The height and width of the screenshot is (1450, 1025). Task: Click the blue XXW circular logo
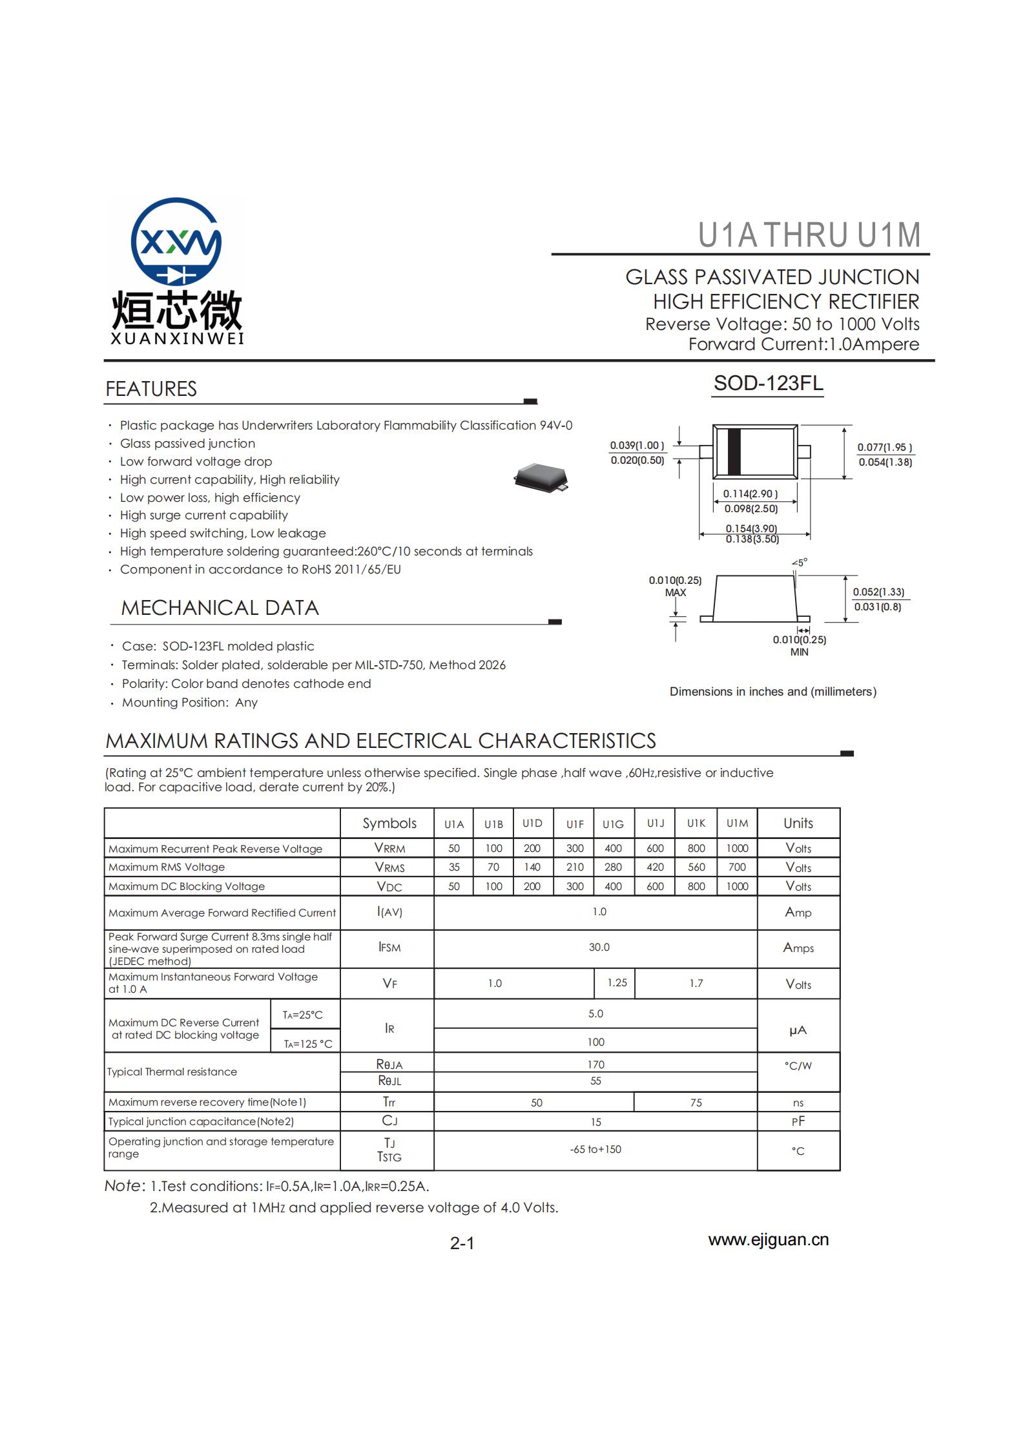click(176, 243)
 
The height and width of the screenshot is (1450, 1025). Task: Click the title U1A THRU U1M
click(809, 235)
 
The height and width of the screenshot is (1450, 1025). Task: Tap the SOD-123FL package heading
click(768, 383)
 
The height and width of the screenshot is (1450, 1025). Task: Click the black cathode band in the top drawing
click(734, 451)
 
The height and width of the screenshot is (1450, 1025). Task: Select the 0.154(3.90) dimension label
click(751, 528)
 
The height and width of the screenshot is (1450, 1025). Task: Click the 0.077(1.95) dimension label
click(884, 447)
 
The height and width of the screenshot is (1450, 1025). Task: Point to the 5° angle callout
click(800, 563)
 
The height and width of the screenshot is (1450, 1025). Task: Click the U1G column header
click(613, 824)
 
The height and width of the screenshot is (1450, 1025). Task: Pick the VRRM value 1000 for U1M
click(737, 848)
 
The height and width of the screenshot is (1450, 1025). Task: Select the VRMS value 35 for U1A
click(454, 867)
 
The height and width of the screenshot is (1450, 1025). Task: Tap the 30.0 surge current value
click(599, 947)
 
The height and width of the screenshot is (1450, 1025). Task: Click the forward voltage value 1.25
click(617, 982)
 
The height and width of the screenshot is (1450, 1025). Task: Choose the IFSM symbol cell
click(389, 948)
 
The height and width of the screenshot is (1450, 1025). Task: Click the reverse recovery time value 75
click(696, 1103)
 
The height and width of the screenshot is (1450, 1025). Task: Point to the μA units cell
click(798, 1030)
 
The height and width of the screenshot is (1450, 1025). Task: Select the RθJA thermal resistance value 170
click(595, 1064)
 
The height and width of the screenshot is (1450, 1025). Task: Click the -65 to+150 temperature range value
click(595, 1149)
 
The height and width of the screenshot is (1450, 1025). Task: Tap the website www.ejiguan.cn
click(768, 1239)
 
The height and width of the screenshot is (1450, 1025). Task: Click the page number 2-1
click(462, 1243)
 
